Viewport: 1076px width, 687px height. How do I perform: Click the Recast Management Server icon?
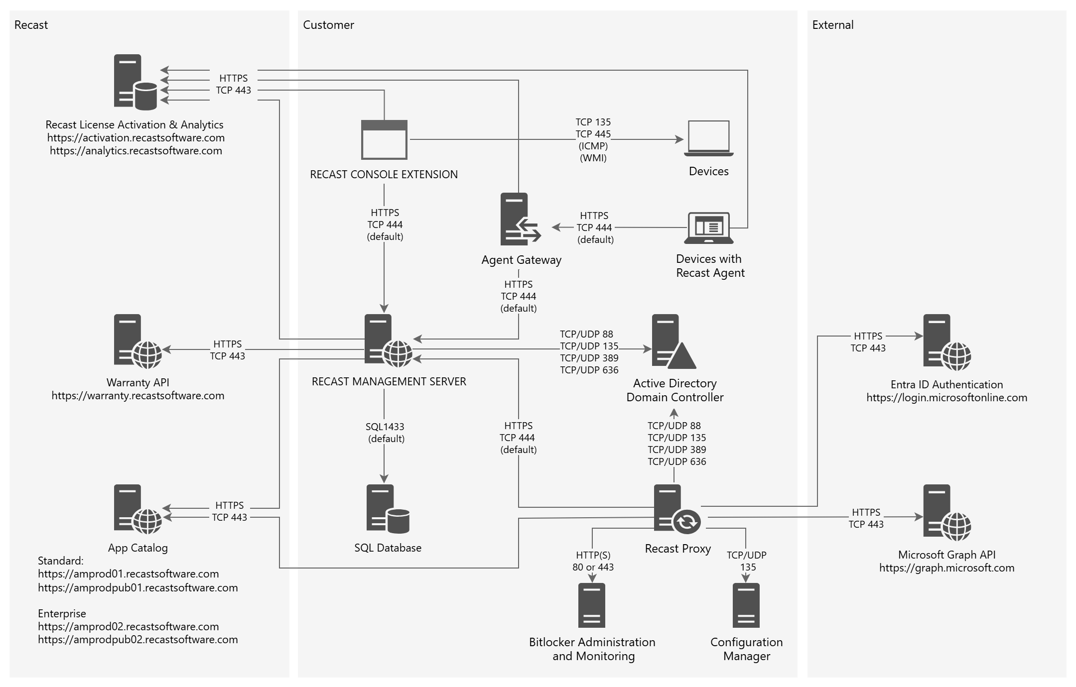point(388,341)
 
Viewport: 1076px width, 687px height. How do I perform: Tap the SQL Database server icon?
point(388,509)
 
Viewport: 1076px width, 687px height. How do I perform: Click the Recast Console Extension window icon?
point(384,139)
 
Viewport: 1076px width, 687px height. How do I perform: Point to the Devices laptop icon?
point(708,138)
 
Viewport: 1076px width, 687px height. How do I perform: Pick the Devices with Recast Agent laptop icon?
point(708,228)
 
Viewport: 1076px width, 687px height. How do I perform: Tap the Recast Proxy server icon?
point(676,509)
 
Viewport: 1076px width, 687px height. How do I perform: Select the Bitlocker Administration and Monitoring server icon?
point(592,605)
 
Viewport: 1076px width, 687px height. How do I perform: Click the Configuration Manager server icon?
point(746,605)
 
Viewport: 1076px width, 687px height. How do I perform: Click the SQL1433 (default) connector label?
point(386,433)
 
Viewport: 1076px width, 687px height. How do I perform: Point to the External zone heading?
point(832,25)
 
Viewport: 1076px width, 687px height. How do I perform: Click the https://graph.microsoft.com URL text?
point(946,568)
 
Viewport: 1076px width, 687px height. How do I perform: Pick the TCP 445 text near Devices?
point(593,134)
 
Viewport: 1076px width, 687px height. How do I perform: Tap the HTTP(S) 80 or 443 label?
point(593,561)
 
